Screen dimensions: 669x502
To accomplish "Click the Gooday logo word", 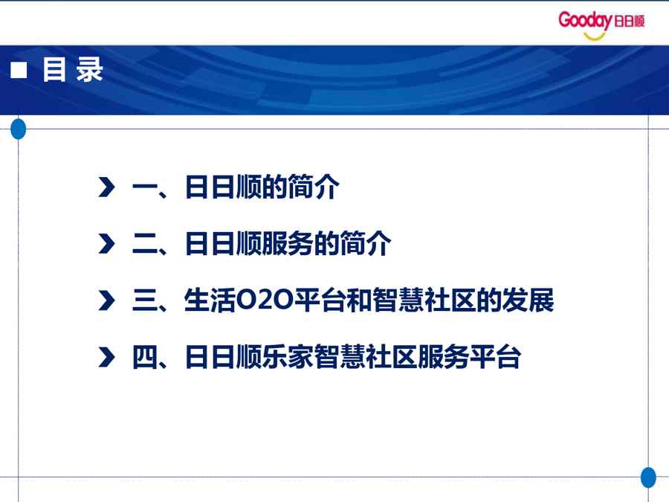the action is [x=585, y=21].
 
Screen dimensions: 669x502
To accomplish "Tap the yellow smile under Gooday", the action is [x=595, y=36].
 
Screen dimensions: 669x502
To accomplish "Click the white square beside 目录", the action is [x=19, y=70].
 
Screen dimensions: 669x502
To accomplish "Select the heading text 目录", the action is [x=73, y=69].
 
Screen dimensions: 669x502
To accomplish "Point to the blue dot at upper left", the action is [x=18, y=129].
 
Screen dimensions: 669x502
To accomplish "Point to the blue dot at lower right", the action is [x=648, y=477].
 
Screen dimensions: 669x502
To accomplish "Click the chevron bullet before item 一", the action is [x=106, y=187].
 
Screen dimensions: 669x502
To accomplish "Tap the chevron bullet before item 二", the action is [x=106, y=244].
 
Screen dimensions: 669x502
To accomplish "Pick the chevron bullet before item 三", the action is [x=106, y=300].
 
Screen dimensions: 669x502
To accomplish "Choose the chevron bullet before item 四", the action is [x=106, y=357].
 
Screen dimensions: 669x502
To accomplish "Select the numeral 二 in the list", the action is [x=145, y=244].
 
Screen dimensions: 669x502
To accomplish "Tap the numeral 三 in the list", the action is [x=145, y=300].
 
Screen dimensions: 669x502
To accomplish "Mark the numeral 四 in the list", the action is [x=145, y=357].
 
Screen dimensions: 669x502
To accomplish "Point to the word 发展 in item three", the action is [x=528, y=300].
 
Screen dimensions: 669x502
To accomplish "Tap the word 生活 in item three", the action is [x=210, y=300].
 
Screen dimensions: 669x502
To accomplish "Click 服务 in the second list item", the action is [x=288, y=243].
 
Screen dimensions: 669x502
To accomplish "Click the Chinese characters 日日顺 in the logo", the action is [x=629, y=21].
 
